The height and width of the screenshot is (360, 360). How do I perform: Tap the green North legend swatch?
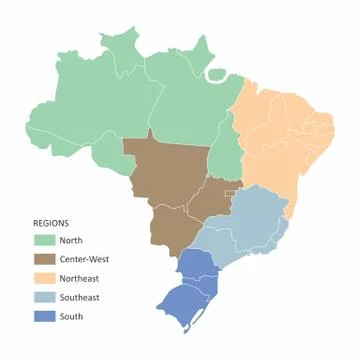pos(45,240)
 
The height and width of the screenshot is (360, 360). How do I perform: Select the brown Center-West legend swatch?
pos(45,259)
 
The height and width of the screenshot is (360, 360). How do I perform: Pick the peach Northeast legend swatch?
pos(45,278)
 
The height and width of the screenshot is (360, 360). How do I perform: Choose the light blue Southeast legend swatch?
pos(45,297)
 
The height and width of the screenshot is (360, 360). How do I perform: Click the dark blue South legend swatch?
pos(45,316)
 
